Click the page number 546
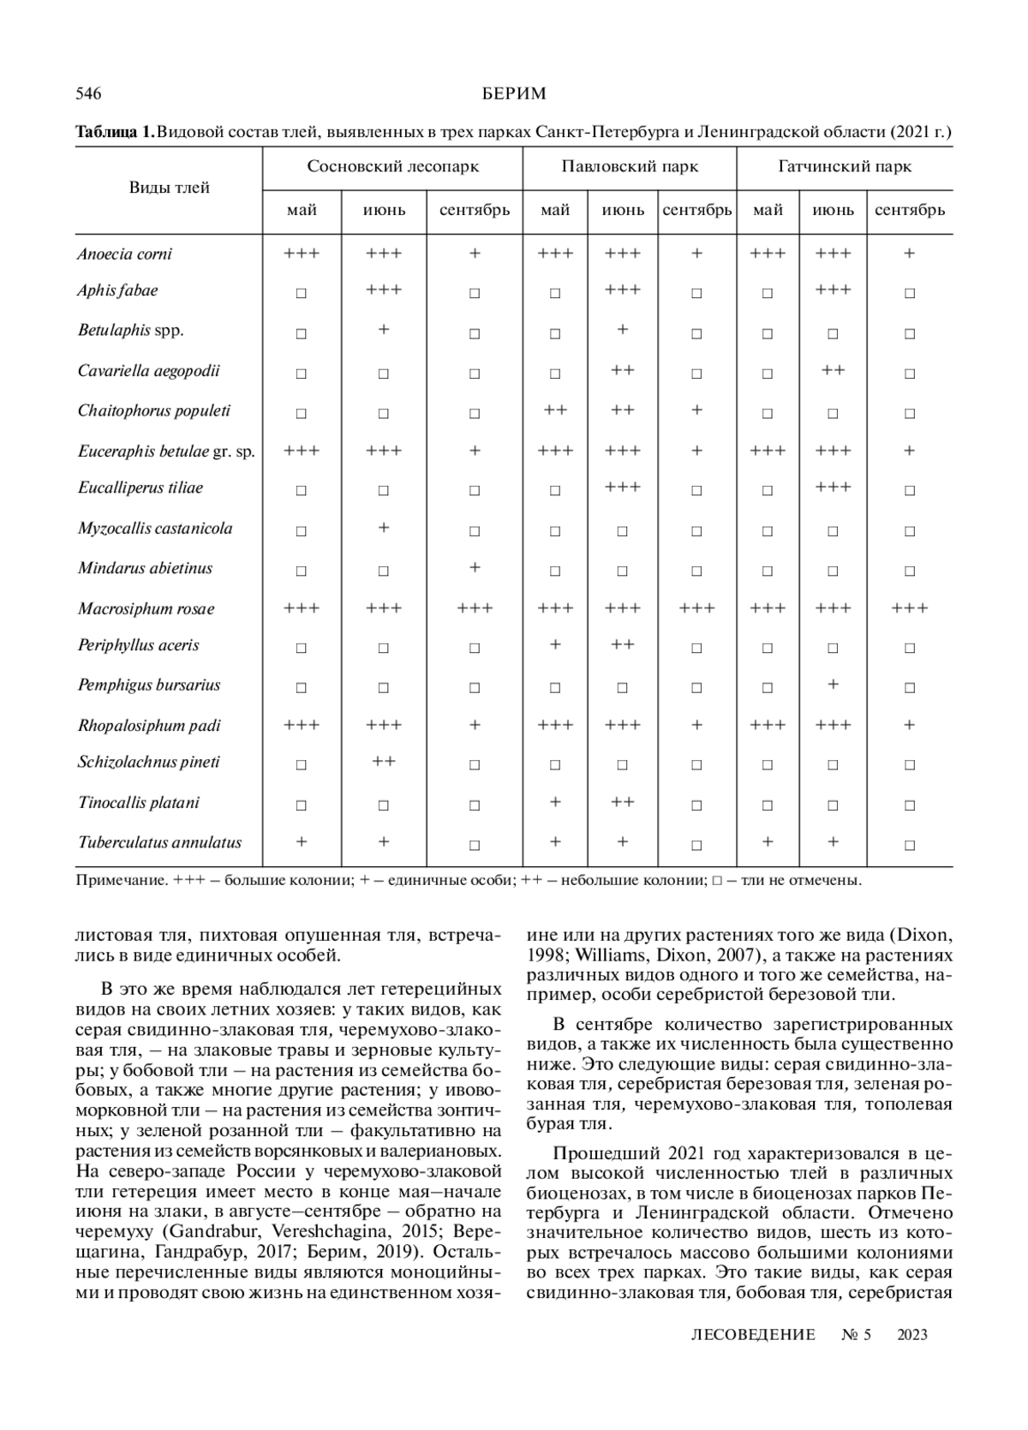[89, 93]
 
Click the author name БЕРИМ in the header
[514, 93]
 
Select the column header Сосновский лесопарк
[392, 166]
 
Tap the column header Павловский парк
[630, 166]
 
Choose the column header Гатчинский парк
[845, 166]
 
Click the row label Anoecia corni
[124, 254]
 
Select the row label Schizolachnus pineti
[149, 762]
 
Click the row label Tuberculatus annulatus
[160, 842]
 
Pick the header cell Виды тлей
[169, 188]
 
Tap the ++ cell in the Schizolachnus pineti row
[384, 761]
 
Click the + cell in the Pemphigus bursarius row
[834, 684]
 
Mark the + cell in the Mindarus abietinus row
[475, 567]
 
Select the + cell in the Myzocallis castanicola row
[384, 527]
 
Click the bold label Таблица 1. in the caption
[115, 132]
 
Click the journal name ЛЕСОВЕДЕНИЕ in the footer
[752, 1334]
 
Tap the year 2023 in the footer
[912, 1334]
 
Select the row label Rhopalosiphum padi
[149, 726]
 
